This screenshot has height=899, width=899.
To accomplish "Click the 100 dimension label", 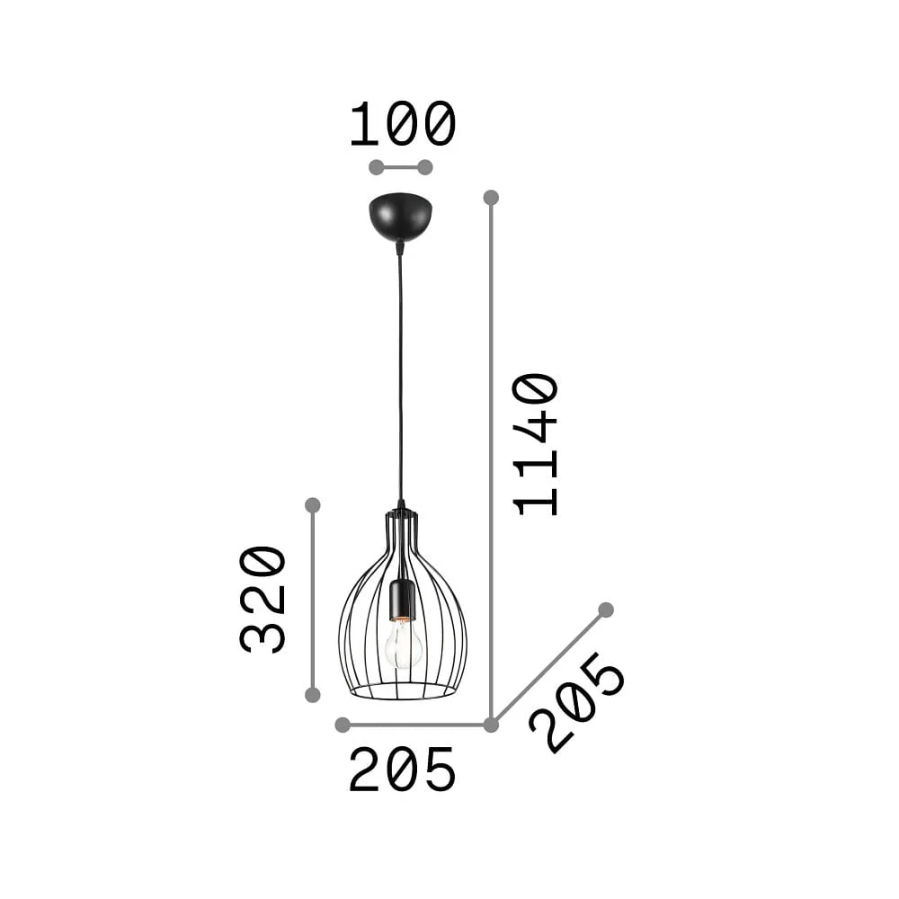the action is tap(403, 124).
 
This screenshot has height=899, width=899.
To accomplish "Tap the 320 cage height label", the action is tap(263, 600).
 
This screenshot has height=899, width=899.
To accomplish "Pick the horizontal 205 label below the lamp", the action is tap(403, 770).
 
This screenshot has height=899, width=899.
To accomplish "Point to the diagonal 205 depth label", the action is tap(577, 703).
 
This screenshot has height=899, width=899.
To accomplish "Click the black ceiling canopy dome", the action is tap(401, 217).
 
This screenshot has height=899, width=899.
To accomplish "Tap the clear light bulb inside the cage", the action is tap(403, 645).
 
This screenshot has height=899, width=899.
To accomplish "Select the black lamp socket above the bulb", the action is tap(401, 601).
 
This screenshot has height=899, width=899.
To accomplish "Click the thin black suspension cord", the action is tap(400, 373).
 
